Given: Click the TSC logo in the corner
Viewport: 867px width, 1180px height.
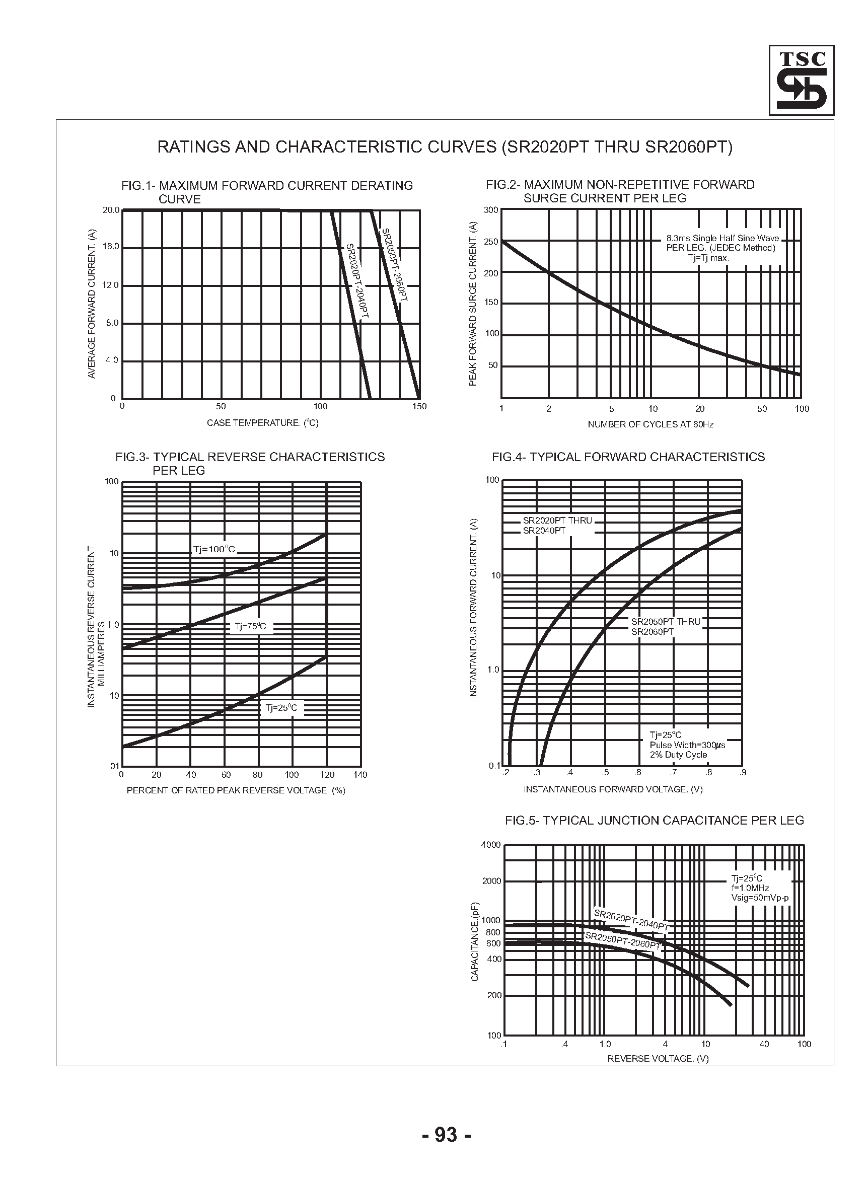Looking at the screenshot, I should click(x=801, y=80).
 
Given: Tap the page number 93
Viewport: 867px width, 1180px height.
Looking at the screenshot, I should click(x=446, y=1134).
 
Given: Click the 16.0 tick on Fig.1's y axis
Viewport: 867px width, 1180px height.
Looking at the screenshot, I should click(x=111, y=247).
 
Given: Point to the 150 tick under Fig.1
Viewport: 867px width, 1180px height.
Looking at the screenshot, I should click(x=419, y=406).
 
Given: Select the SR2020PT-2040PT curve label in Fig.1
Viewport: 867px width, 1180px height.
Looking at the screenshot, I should click(x=357, y=281).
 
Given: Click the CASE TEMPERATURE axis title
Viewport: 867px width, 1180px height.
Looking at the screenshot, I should click(x=262, y=423).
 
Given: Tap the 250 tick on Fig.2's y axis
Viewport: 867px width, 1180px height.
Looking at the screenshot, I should click(x=491, y=242).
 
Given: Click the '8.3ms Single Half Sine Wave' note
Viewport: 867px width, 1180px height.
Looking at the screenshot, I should click(x=722, y=238).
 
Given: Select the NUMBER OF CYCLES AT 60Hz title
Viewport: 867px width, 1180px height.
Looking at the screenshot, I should click(x=651, y=424).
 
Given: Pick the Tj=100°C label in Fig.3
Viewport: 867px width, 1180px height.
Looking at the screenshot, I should click(x=214, y=550).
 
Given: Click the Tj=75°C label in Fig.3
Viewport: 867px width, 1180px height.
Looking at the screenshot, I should click(x=250, y=626).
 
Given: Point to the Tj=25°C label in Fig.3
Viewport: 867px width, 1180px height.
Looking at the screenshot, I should click(x=281, y=708).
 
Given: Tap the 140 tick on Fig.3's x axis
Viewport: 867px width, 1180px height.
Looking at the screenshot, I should click(x=360, y=775).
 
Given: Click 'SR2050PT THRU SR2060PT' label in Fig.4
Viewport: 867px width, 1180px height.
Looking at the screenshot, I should click(x=665, y=627).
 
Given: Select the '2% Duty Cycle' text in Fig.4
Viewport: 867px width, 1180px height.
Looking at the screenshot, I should click(x=678, y=755).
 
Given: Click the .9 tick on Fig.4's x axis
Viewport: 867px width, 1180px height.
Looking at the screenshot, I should click(x=743, y=772).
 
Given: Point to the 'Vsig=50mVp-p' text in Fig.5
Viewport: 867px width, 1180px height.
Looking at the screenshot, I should click(x=759, y=898).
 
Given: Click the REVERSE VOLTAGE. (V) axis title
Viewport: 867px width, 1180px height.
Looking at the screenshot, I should click(x=658, y=1059).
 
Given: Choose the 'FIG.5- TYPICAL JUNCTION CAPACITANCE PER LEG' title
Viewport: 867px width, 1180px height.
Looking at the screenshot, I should click(x=654, y=821).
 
